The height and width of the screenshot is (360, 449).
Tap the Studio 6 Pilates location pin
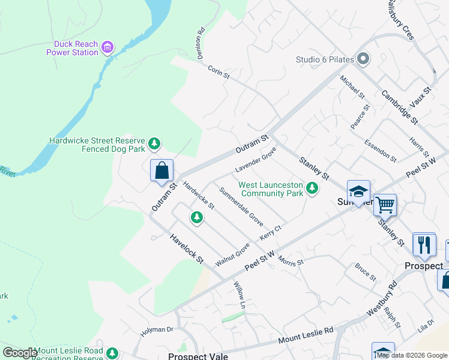pyautogui.click(x=363, y=59)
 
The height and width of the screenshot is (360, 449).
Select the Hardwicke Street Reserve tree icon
pyautogui.click(x=155, y=143)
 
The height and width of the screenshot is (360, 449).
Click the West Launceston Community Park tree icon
pyautogui.click(x=312, y=188)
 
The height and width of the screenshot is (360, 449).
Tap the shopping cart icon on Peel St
pyautogui.click(x=385, y=205)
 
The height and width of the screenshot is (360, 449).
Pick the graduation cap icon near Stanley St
pyautogui.click(x=358, y=191)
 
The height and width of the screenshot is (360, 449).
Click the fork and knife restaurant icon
pyautogui.click(x=424, y=244)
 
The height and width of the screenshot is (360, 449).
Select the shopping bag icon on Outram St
pyautogui.click(x=161, y=170)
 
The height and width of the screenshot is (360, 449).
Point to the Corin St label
pyautogui.click(x=218, y=73)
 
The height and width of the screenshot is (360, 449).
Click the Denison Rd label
pyautogui.click(x=200, y=43)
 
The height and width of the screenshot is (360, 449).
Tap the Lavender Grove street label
pyautogui.click(x=255, y=160)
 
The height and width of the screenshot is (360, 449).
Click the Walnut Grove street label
pyautogui.click(x=232, y=255)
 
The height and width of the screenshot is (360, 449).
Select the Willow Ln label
pyautogui.click(x=240, y=295)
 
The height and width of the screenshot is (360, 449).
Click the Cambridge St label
pyautogui.click(x=399, y=107)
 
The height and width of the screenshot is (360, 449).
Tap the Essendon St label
pyautogui.click(x=381, y=151)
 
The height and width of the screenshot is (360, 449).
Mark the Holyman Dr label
pyautogui.click(x=157, y=330)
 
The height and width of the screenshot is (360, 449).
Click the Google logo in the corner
pyautogui.click(x=20, y=353)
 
